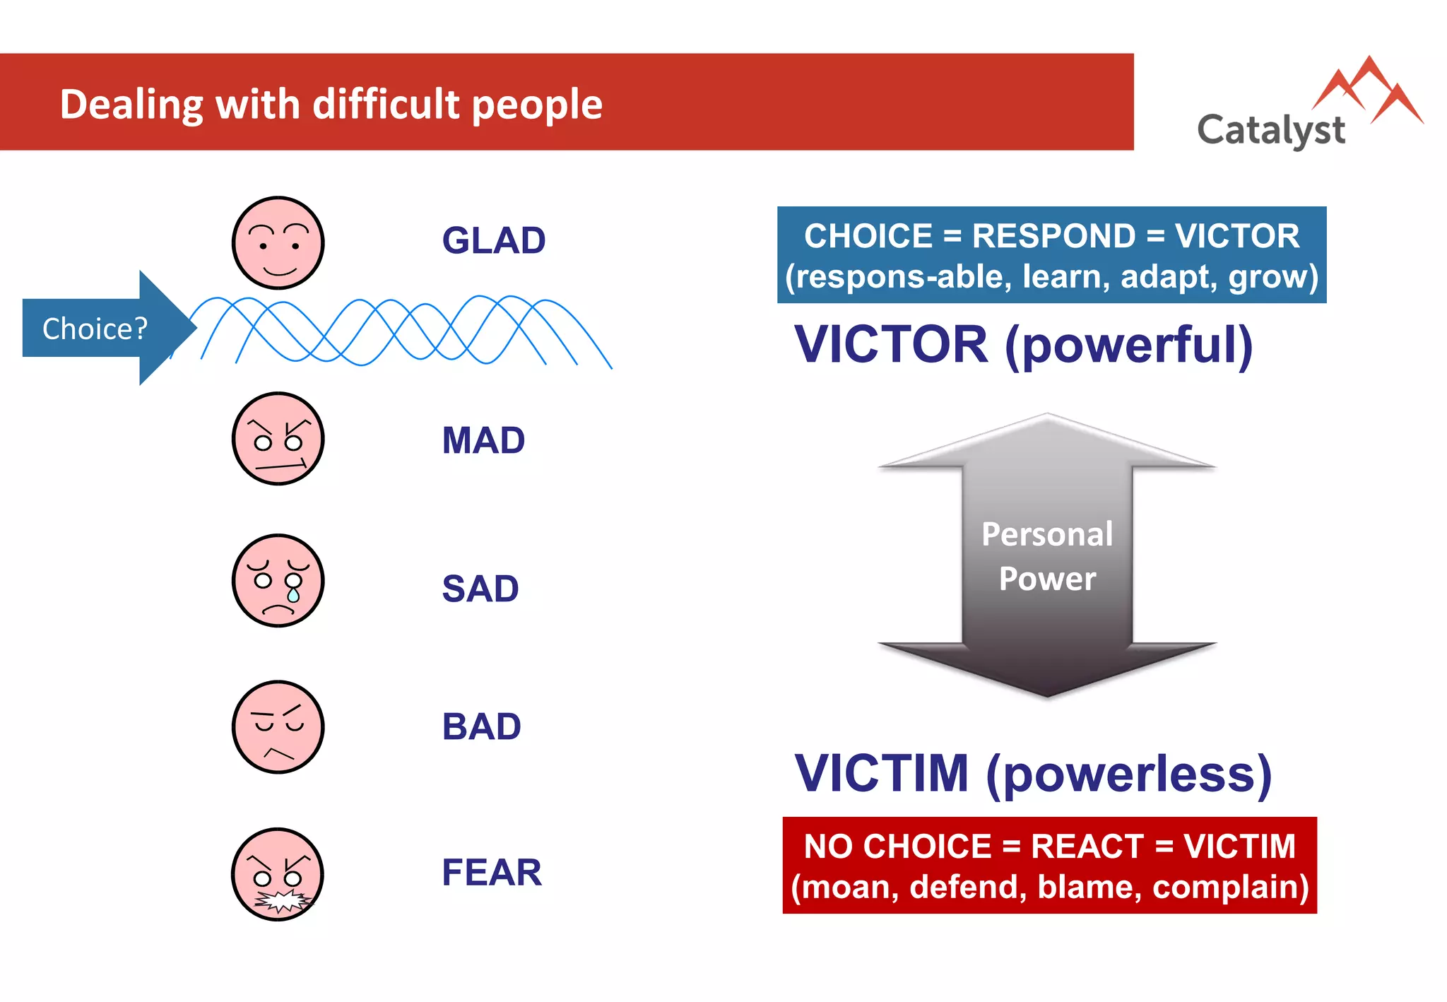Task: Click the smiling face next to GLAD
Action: pos(278,243)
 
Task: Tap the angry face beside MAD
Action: pos(278,439)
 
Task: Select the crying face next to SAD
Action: pos(278,580)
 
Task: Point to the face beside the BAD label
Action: pos(278,727)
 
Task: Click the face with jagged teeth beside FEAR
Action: pos(278,874)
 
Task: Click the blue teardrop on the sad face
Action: pos(293,596)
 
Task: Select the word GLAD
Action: pos(493,240)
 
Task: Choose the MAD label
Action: pos(483,440)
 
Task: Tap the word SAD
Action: pos(480,589)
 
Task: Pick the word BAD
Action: pos(481,726)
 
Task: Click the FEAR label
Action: pos(492,872)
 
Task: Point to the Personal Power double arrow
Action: pos(1047,555)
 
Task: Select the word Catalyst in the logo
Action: pos(1270,131)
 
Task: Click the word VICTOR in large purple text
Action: pos(891,345)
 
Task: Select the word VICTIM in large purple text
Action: pos(881,773)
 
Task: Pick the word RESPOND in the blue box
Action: pos(1053,236)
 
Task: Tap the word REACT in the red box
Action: pos(1087,847)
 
